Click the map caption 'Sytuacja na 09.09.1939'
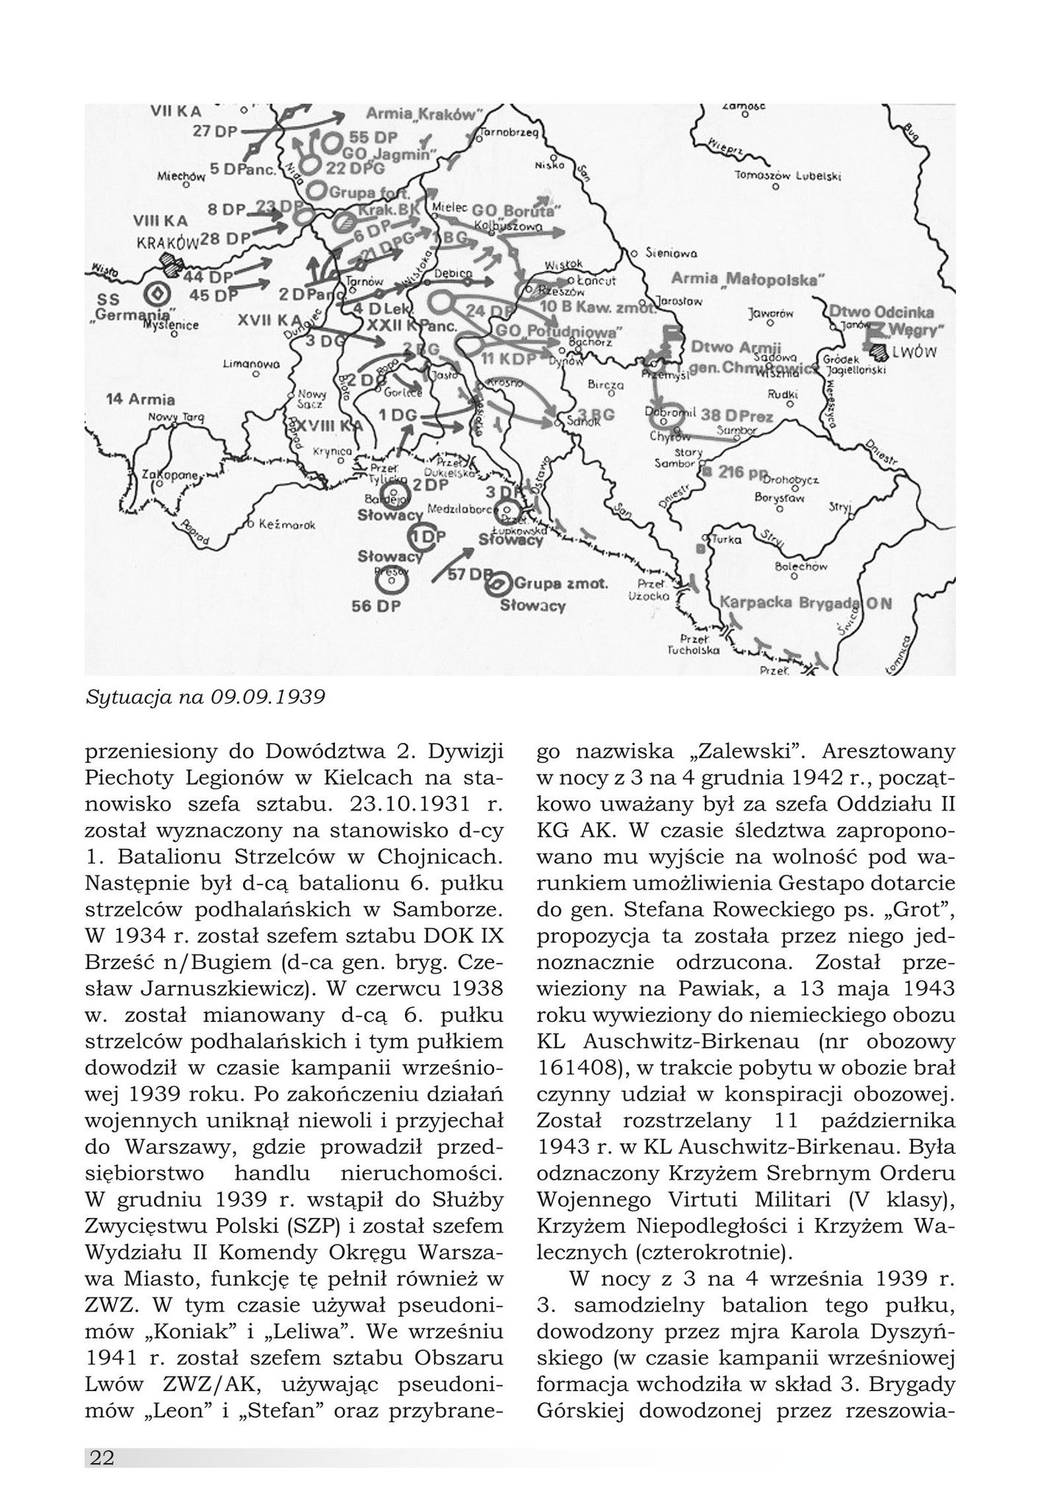tap(205, 696)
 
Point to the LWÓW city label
tap(914, 353)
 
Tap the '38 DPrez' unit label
tap(736, 416)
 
